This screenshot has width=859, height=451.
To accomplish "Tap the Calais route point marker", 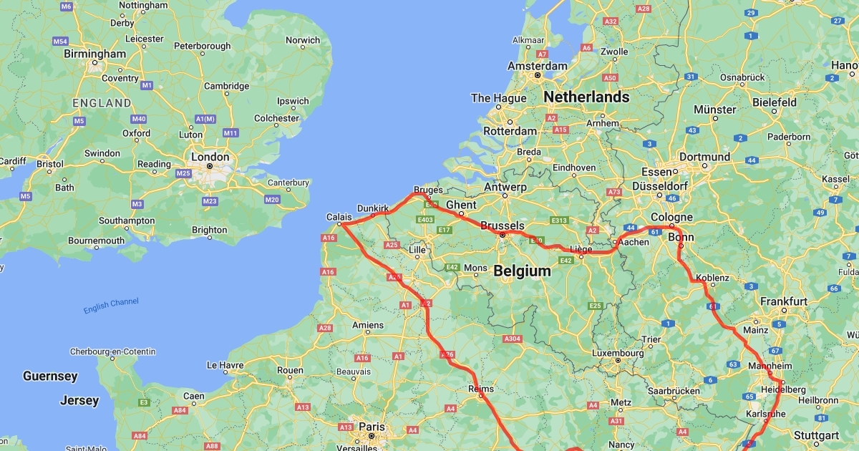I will coord(340,225).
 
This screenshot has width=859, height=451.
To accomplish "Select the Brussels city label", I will coord(503,225).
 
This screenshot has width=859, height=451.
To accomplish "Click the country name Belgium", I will coord(523,271).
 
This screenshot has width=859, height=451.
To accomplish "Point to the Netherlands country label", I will coord(586,97).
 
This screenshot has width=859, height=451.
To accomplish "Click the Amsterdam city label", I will coord(537,65).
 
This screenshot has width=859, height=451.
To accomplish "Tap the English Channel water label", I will coord(111,306).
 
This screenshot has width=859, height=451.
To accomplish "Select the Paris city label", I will coord(372,426).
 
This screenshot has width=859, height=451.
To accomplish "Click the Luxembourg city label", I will coord(618,352).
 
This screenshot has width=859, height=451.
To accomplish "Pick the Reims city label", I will coord(480,389).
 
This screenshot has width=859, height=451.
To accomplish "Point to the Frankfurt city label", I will coord(784,301).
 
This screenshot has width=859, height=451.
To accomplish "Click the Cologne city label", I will coord(671,218).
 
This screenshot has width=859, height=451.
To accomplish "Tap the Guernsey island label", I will coord(50,376).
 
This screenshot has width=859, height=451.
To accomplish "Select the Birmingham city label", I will coord(94,54).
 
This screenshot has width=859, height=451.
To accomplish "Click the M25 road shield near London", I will coord(184,173).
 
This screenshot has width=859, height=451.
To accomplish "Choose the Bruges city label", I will coord(428,190).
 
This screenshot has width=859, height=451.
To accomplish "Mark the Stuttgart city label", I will coord(816,435).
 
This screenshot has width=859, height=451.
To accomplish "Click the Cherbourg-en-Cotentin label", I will coord(112,351).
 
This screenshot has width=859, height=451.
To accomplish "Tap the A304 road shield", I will coord(513,338).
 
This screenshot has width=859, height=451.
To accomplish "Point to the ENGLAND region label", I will coord(102,103).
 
